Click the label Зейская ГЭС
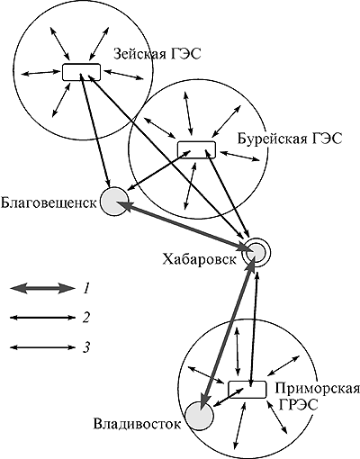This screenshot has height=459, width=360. [x=157, y=54]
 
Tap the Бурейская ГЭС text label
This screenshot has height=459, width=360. [x=290, y=139]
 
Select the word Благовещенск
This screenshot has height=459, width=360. [x=49, y=202]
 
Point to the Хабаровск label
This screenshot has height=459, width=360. [x=199, y=259]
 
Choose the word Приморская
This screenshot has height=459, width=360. [x=317, y=389]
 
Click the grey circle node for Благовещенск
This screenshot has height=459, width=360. [x=114, y=202]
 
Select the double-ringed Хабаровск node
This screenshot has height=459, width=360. [x=256, y=253]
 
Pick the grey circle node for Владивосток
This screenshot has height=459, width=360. [x=199, y=417]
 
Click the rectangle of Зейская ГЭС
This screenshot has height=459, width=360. [x=81, y=72]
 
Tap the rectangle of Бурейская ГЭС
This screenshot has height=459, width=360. [x=196, y=149]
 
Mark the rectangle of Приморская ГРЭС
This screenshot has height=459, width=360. [x=247, y=390]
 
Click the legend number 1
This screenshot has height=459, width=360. [x=86, y=289]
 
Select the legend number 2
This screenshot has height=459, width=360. [x=86, y=318]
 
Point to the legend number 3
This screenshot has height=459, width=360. [x=86, y=347]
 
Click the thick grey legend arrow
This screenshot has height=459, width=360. [x=42, y=289]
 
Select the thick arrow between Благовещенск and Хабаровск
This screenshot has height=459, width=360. [x=183, y=226]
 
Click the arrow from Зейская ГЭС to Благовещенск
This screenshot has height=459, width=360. [x=95, y=130]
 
